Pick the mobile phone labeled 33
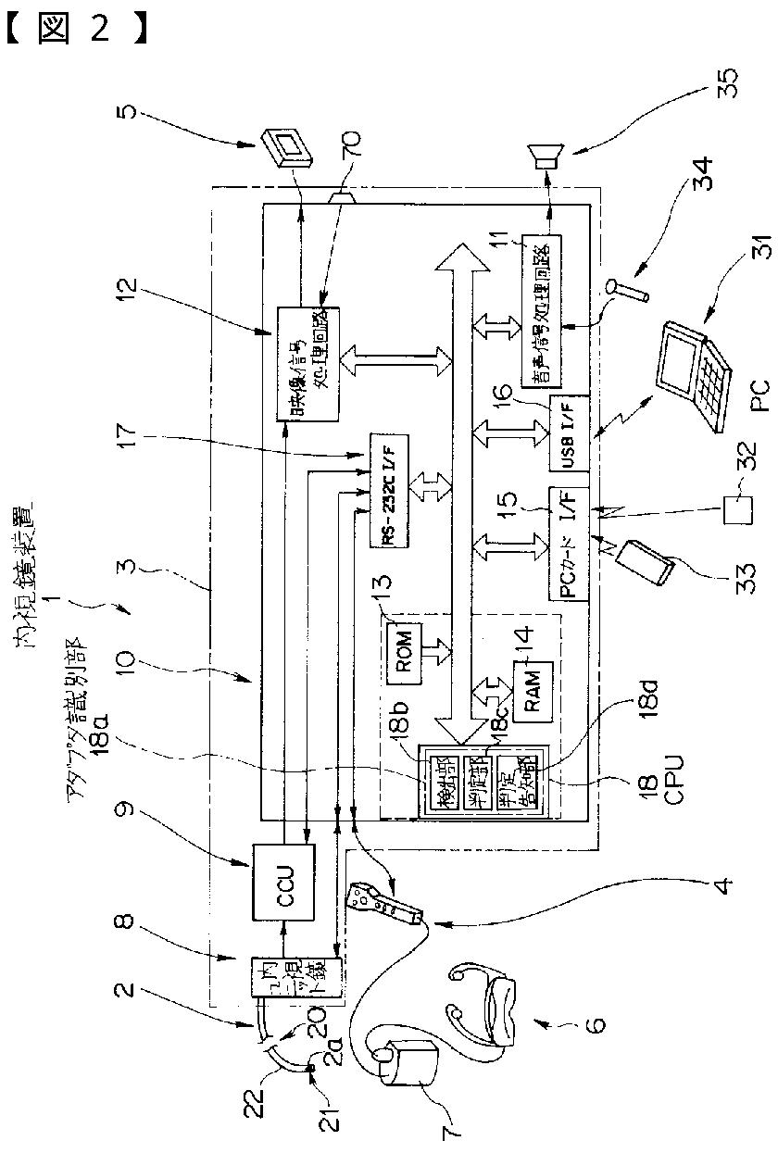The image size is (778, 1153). click(x=654, y=561)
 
